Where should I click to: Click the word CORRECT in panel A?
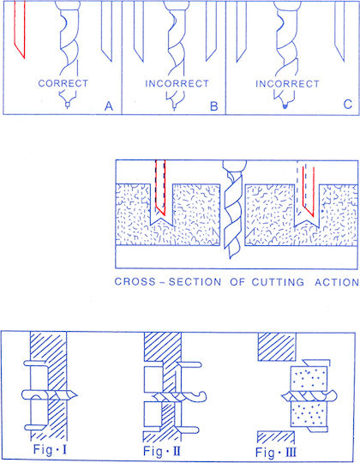pos(63,83)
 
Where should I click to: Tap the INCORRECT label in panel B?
pos(177,83)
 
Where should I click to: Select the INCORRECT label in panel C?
pos(288,84)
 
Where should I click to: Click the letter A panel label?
pos(109,105)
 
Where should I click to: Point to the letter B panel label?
pos(214,106)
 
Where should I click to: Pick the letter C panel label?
pos(348,104)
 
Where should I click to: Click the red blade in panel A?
pos(20,29)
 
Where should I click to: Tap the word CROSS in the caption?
pos(135,281)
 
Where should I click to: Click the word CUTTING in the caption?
pos(278,282)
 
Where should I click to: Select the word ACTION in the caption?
pos(337,282)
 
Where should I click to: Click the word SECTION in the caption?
pos(195,282)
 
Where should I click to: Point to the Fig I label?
pos(50,450)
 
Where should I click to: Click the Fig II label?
pos(162,451)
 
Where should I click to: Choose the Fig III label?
pos(276,452)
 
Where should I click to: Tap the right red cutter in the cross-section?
pos(309,192)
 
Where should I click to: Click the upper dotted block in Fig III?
pos(309,378)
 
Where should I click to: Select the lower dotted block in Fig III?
pos(309,415)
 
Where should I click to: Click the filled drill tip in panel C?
pos(285,105)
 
